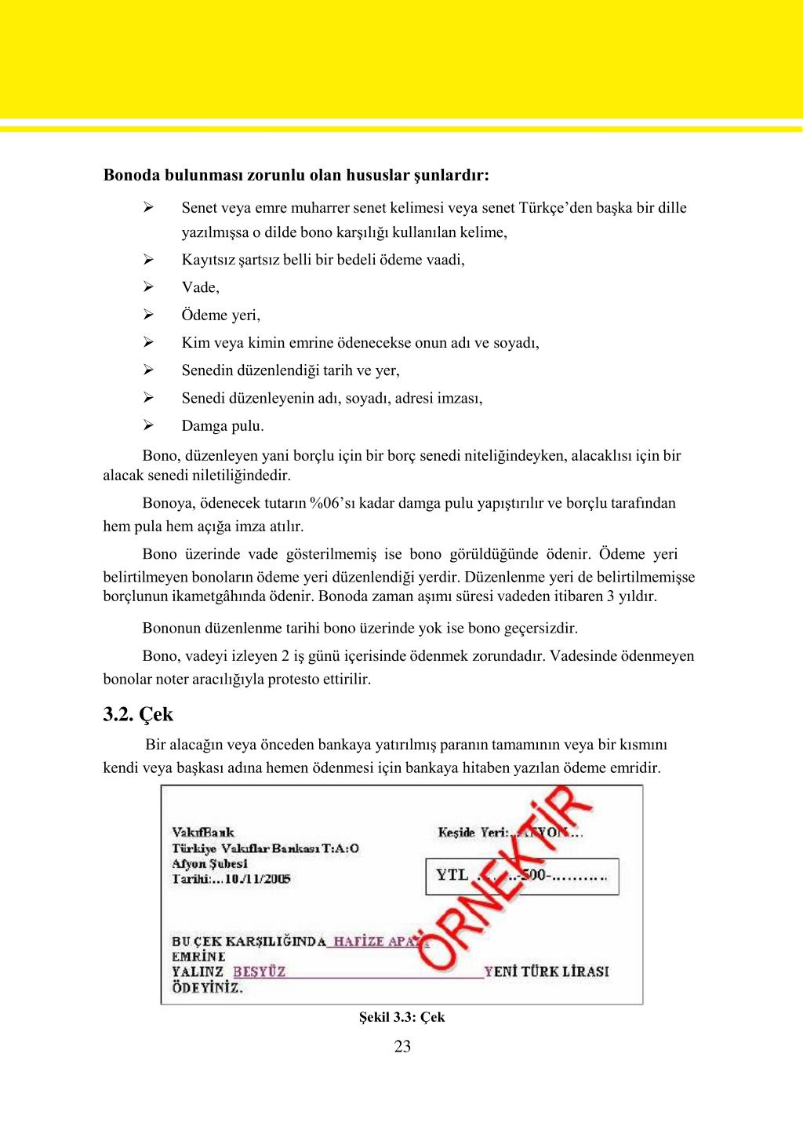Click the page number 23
[402, 1046]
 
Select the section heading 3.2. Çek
[138, 715]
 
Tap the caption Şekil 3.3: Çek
[401, 1017]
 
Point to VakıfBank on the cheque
[203, 832]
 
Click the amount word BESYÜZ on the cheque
[260, 972]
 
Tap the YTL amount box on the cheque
[521, 876]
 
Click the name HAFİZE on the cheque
[358, 941]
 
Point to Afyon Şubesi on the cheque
[209, 863]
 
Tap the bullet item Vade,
[201, 287]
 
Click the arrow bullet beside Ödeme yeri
[147, 315]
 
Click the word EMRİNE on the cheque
[198, 957]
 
